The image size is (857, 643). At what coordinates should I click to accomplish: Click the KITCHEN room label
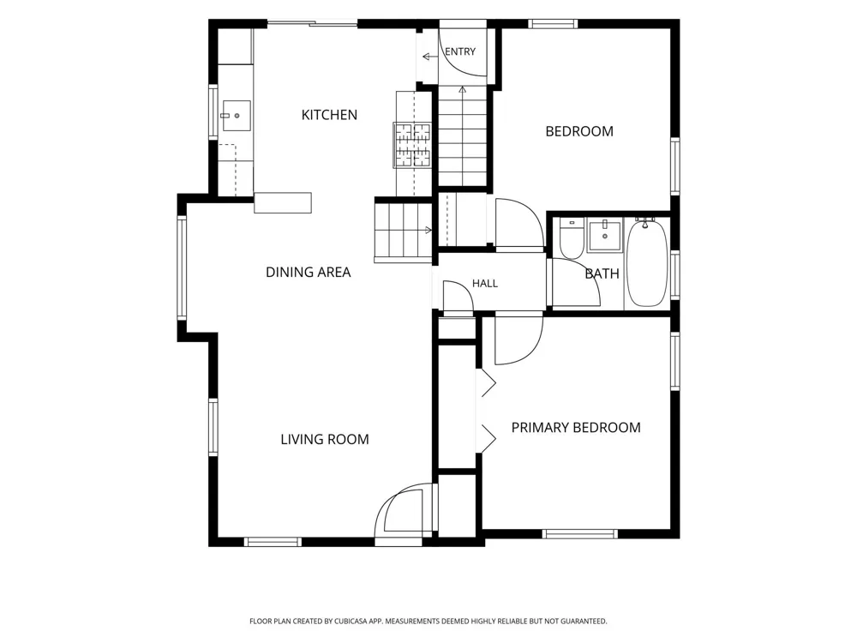(329, 115)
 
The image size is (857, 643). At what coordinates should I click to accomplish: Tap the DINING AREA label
(308, 273)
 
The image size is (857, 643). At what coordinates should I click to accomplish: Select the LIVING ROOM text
(325, 439)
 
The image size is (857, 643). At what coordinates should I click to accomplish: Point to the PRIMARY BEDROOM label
(576, 428)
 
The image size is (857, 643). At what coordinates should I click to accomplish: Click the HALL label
(485, 283)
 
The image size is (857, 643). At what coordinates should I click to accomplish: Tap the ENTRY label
(460, 51)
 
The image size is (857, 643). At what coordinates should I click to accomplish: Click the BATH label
(602, 273)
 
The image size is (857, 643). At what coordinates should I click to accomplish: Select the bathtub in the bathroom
(646, 263)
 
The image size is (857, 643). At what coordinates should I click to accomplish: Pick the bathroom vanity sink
(604, 235)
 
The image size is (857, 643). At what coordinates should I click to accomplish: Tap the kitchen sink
(237, 116)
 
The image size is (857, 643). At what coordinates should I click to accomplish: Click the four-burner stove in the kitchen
(413, 145)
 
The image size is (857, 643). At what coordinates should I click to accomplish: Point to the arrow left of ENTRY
(429, 57)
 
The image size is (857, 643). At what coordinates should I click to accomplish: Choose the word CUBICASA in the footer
(352, 621)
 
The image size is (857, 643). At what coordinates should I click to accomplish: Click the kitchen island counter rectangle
(283, 202)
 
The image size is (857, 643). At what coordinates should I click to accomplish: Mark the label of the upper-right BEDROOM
(579, 131)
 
